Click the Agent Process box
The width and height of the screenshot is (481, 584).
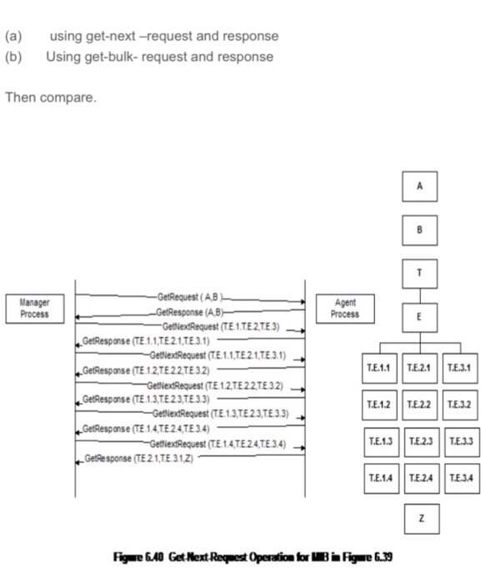pyautogui.click(x=344, y=309)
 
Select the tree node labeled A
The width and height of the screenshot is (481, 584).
pyautogui.click(x=420, y=189)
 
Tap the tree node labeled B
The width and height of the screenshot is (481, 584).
pyautogui.click(x=420, y=229)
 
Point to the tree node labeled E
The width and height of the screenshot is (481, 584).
pyautogui.click(x=420, y=317)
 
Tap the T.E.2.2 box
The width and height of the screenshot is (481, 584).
pyautogui.click(x=420, y=404)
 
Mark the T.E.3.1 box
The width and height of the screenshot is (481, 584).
pyautogui.click(x=460, y=368)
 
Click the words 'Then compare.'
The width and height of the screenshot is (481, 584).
pyautogui.click(x=51, y=98)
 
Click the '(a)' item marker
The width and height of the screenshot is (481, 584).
pyautogui.click(x=13, y=37)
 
